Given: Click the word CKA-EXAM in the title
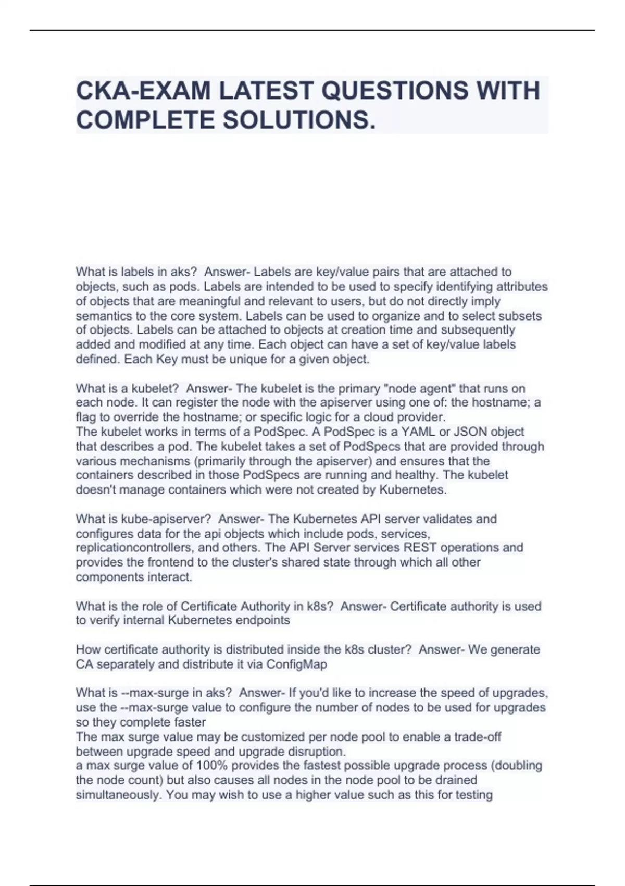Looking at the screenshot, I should click(x=143, y=91).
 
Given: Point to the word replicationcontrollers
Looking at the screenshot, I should click(x=133, y=548).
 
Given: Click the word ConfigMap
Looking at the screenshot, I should click(x=297, y=664).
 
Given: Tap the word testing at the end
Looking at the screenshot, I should click(x=474, y=795).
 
